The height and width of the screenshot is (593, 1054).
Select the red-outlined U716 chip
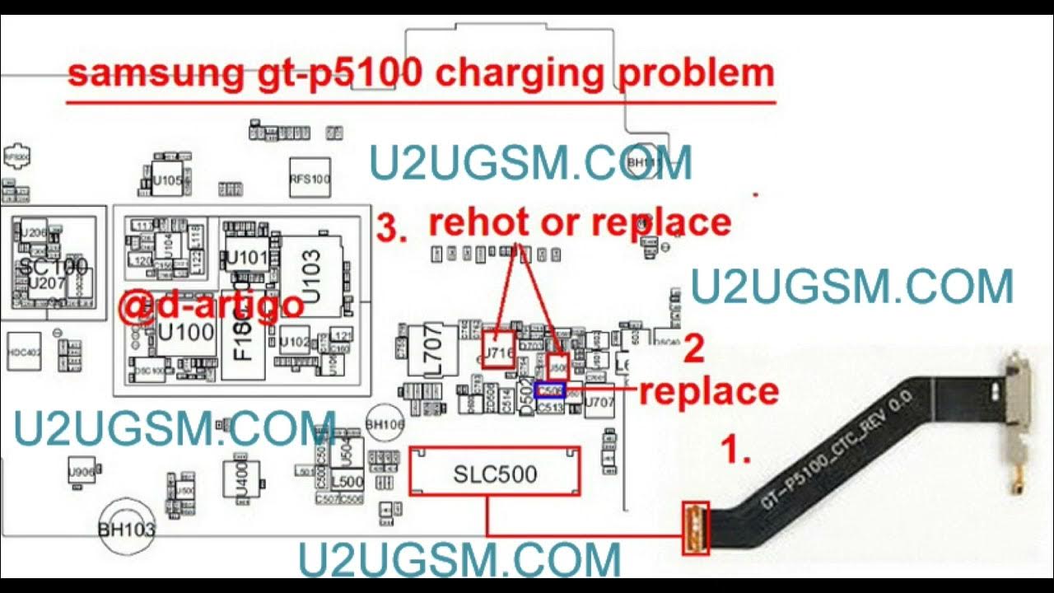click(x=499, y=349)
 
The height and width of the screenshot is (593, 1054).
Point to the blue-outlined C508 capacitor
click(x=549, y=390)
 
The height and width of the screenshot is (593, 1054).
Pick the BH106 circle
click(x=385, y=424)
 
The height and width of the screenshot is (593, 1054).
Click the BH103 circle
click(x=127, y=528)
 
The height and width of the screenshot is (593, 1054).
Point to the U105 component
click(x=168, y=181)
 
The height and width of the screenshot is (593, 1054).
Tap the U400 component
click(x=241, y=479)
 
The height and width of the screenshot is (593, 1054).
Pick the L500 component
click(x=347, y=481)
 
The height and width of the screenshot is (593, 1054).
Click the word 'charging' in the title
click(x=521, y=73)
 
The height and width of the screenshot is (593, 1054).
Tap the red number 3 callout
click(x=391, y=227)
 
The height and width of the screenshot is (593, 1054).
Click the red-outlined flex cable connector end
click(x=696, y=527)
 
